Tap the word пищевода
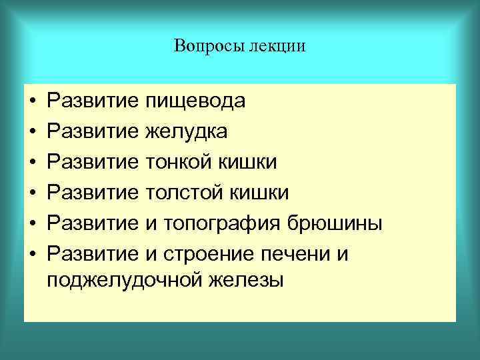click(195, 102)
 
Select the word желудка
click(186, 132)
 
